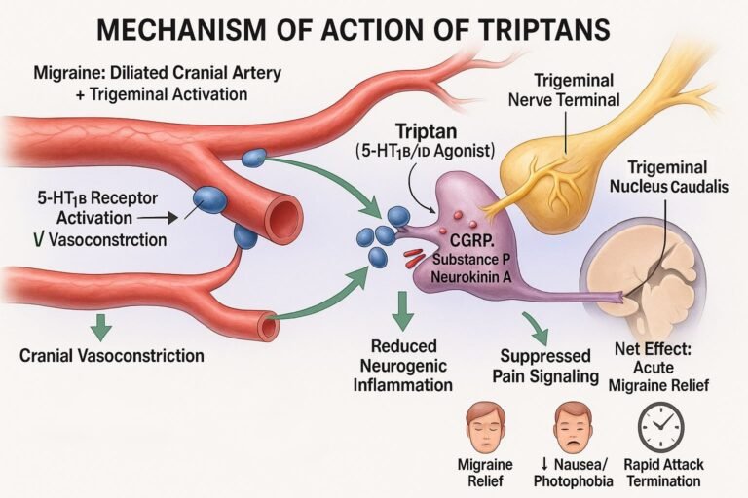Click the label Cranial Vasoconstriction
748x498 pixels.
tap(111, 355)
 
